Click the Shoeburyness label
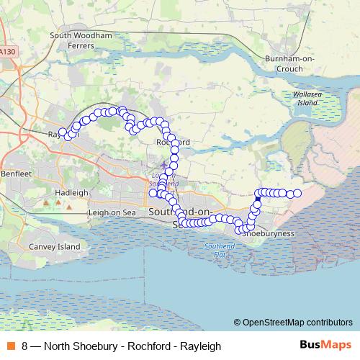point(268,234)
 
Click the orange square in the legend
point(9,346)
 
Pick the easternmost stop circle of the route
point(297,194)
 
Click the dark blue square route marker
point(258,199)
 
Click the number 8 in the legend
point(25,346)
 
